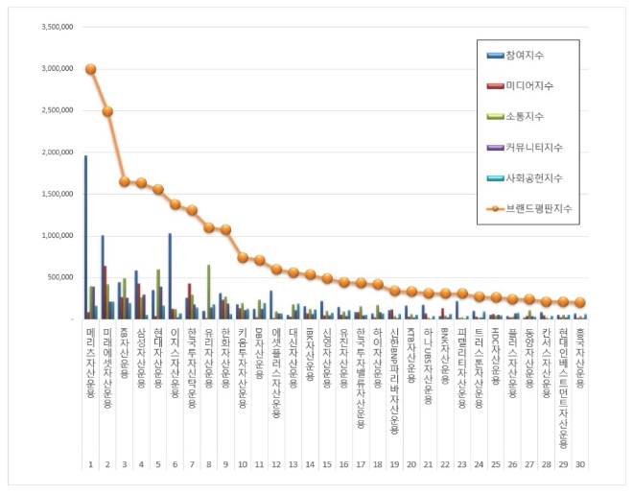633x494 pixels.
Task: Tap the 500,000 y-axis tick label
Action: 59,277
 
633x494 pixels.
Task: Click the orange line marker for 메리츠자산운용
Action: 90,69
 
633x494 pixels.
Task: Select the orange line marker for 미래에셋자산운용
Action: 107,111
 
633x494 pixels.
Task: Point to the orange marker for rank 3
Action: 125,181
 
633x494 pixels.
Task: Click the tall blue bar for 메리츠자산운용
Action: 85,237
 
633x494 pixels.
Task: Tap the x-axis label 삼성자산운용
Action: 141,356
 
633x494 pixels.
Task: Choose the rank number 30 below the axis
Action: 580,464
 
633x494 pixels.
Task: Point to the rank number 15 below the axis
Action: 327,464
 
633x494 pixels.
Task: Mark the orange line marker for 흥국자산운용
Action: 580,302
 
